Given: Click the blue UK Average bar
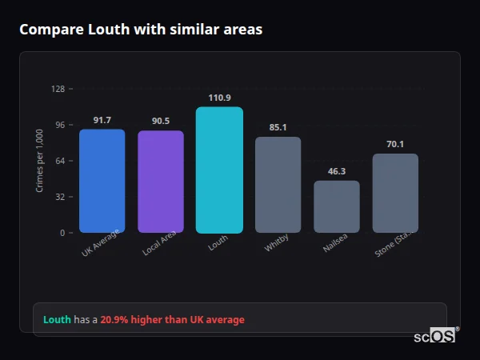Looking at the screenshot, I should click(102, 181).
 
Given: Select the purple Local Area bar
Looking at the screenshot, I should click(160, 182).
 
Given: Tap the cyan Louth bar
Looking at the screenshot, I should click(219, 170).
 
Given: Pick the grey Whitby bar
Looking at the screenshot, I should click(278, 185).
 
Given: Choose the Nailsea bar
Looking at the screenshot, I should click(336, 206).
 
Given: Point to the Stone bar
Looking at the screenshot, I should click(395, 193).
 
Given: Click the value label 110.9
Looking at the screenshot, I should click(219, 98).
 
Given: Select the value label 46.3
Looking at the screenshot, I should click(336, 171).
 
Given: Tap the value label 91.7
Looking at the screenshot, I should click(102, 120).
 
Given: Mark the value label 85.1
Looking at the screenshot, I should click(278, 127).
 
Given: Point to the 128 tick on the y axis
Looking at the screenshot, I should click(58, 89).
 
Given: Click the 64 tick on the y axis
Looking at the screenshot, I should click(60, 161).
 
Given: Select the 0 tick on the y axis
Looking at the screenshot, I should click(62, 233).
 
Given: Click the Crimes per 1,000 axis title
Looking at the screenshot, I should click(39, 161).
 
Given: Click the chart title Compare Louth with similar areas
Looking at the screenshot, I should click(141, 30).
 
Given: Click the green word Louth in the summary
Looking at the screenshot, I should click(57, 320).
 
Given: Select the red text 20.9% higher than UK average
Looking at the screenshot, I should click(173, 320).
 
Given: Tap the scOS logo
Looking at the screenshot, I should click(434, 336).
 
